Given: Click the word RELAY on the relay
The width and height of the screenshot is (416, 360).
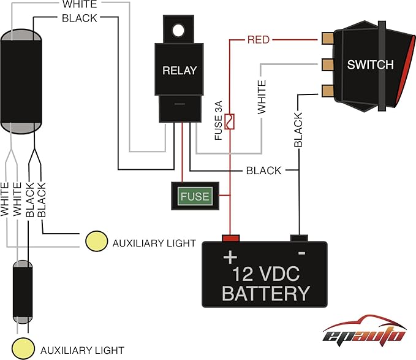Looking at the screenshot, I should coord(180,70).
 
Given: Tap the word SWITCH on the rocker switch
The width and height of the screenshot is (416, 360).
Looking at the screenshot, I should coord(371,64).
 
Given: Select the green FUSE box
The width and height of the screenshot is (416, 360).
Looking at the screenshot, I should coord(194,197).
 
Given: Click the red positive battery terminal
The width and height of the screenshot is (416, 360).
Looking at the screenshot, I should coord(230,237).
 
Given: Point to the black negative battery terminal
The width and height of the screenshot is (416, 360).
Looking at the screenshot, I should coord(298,237).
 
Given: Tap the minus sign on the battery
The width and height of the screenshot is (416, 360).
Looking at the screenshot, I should coord(301,253).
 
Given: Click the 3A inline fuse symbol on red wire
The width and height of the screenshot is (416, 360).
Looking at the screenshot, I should coord(230,121).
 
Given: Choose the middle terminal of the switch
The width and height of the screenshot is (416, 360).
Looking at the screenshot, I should coord(327,64).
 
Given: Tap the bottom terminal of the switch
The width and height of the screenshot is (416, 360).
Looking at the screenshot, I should coord(327,91).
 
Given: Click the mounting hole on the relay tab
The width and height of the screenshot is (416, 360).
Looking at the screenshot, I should coord(178,29).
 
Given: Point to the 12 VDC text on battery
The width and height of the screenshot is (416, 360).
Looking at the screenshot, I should coord(265,271).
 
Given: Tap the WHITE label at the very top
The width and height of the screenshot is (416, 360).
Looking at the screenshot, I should coord(79,4).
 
